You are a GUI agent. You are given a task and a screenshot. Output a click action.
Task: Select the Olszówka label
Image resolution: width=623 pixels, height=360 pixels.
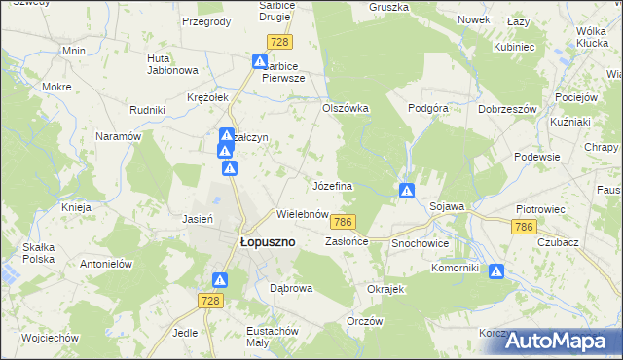(x=346, y=108)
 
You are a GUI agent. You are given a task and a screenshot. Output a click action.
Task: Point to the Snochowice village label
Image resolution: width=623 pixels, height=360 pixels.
(x=421, y=242)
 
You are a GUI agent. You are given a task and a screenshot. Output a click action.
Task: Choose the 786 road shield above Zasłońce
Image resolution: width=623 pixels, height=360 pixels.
(x=342, y=222)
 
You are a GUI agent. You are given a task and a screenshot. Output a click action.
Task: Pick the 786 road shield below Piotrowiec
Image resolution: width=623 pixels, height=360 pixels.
(x=524, y=226)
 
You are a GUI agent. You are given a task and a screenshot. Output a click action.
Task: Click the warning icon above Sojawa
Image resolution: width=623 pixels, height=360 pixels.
(x=407, y=190)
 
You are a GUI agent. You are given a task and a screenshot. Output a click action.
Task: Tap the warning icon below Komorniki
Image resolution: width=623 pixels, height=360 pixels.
(x=496, y=272)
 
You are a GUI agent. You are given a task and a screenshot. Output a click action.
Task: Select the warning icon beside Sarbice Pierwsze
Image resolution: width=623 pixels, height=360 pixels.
(x=260, y=62)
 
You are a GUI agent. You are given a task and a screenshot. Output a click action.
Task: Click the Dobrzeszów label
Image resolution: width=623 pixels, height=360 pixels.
(x=507, y=109)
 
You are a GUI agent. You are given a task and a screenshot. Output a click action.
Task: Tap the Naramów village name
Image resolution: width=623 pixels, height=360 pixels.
(x=119, y=137)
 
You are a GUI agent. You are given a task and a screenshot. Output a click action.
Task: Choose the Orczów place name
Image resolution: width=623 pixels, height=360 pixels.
(x=365, y=322)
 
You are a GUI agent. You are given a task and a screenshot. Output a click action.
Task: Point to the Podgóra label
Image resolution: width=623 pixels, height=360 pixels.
(x=427, y=109)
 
